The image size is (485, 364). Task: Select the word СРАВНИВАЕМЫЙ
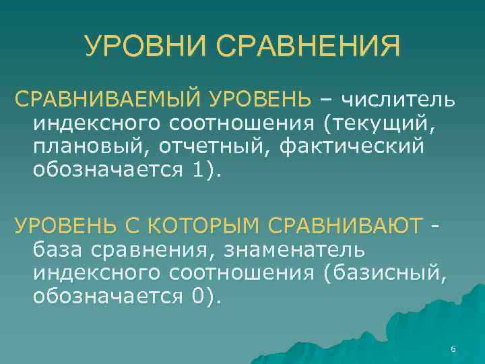108,101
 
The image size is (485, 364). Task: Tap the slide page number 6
453,348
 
